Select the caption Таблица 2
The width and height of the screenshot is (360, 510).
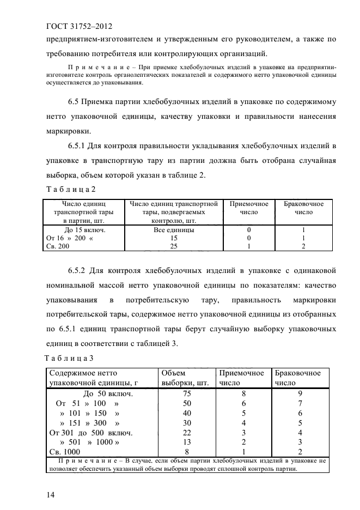tap(68, 189)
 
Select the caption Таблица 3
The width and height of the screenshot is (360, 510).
tap(68, 358)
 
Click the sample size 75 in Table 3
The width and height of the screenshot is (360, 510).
tap(187, 393)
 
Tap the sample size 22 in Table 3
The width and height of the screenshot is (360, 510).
tap(187, 433)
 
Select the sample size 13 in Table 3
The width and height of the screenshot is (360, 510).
tap(187, 442)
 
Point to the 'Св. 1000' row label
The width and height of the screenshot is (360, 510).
tap(64, 452)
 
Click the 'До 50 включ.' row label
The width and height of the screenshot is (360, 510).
tap(108, 393)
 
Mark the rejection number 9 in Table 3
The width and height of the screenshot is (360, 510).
tap(300, 393)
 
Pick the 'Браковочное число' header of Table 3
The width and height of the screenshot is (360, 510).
tap(298, 378)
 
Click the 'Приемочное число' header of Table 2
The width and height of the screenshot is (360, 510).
tap(249, 208)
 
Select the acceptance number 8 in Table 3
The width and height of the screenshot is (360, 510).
tap(243, 393)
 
